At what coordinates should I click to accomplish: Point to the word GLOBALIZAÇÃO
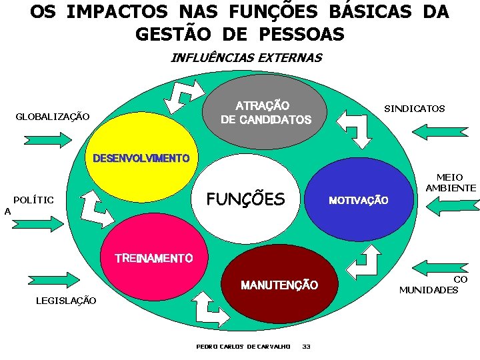coord(53,117)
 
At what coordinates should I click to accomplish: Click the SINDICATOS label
coord(414,109)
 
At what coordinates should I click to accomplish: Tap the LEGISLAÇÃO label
coord(65,301)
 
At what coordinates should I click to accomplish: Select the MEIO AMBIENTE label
coord(450,183)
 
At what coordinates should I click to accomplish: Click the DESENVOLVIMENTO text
coord(141,159)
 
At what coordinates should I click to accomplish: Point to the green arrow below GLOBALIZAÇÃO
coord(47,139)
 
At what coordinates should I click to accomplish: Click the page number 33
coord(306,346)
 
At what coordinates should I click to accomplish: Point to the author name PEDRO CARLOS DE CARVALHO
coord(243,346)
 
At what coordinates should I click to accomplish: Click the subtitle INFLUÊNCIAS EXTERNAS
coord(246,57)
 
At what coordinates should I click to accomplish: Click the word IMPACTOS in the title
coord(119,13)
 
